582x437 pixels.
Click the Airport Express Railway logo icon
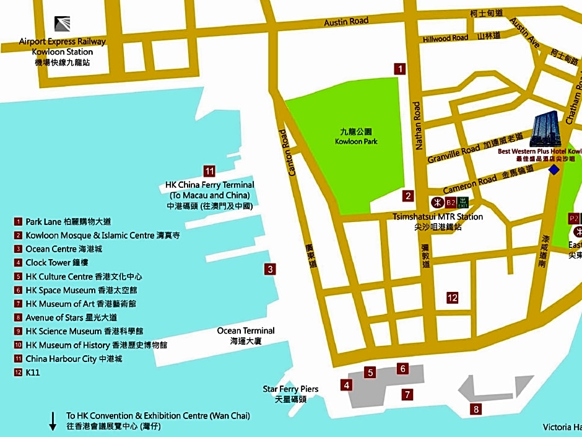[63, 24]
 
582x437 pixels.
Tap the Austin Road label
[346, 22]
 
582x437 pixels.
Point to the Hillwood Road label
[445, 38]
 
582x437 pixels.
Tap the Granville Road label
[453, 150]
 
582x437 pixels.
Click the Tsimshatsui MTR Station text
[438, 217]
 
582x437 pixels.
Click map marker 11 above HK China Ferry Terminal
[209, 172]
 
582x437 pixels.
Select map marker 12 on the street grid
[453, 298]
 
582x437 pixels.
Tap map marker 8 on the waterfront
[476, 409]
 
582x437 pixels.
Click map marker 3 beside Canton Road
[270, 269]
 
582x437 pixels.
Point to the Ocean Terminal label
[245, 331]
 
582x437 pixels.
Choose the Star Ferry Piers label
[290, 389]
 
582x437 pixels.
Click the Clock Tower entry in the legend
[50, 262]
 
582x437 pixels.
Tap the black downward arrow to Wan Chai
[53, 421]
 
